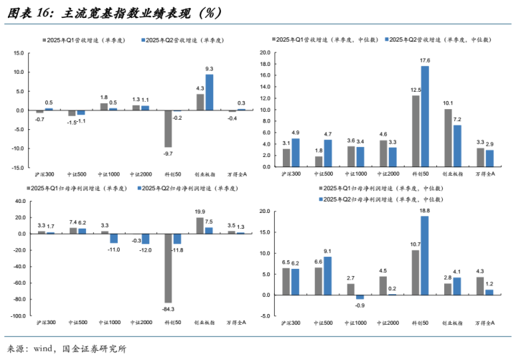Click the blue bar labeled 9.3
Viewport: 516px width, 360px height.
tap(210, 93)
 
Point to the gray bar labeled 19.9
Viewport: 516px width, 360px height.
tap(200, 225)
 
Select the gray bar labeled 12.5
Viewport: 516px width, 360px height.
tap(416, 125)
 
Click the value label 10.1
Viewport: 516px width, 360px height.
tap(448, 103)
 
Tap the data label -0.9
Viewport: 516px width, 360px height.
tap(360, 305)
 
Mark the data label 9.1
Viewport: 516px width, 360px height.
tap(328, 250)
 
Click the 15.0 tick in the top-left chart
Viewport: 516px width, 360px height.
tap(19, 52)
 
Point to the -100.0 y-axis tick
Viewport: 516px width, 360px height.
tap(17, 316)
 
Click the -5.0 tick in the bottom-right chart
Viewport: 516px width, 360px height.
tap(264, 316)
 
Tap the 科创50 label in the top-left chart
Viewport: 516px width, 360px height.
tap(172, 174)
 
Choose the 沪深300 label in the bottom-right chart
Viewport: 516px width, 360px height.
tap(291, 323)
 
